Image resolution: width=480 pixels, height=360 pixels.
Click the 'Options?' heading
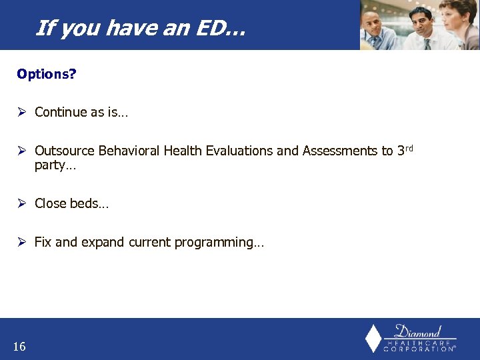click(x=47, y=73)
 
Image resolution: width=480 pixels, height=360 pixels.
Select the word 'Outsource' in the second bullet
click(x=65, y=151)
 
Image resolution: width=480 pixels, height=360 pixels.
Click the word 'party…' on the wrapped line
click(x=55, y=165)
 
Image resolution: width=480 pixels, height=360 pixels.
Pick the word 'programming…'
click(x=219, y=243)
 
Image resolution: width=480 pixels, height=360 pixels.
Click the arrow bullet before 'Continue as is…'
click(x=21, y=112)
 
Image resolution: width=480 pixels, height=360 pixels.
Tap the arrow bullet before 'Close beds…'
click(x=21, y=203)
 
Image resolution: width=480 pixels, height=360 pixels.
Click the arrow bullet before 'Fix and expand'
click(x=21, y=243)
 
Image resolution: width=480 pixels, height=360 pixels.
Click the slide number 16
click(x=19, y=346)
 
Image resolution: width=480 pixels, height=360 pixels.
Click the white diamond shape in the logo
click(x=373, y=338)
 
